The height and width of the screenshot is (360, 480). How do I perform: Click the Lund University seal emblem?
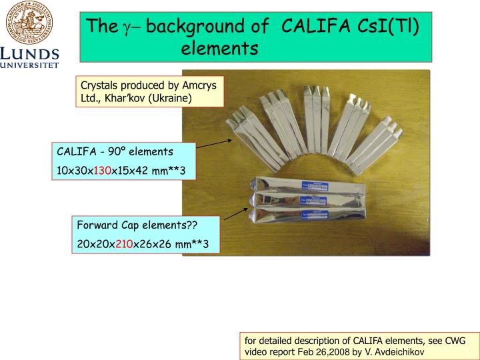pyautogui.click(x=29, y=22)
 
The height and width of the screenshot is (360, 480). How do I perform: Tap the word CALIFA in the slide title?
pyautogui.click(x=311, y=27)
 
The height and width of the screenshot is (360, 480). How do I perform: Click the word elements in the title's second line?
pyautogui.click(x=219, y=49)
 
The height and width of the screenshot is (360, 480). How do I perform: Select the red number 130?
pyautogui.click(x=101, y=171)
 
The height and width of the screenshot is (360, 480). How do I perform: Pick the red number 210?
pyautogui.click(x=124, y=244)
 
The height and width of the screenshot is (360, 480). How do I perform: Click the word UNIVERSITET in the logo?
pyautogui.click(x=30, y=65)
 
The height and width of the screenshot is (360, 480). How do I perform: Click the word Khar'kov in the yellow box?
pyautogui.click(x=123, y=98)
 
